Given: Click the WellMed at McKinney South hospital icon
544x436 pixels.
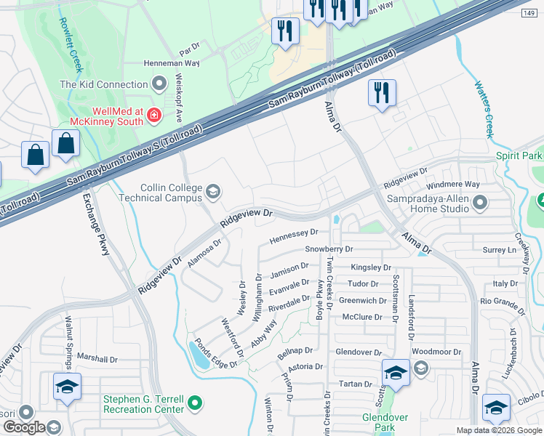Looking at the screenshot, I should coord(153,114).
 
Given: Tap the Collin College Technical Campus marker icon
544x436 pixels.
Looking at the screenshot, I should coord(213,192).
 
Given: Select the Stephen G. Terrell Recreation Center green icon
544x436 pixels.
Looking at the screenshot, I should coord(194,402).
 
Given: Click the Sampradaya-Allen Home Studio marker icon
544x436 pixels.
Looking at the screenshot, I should coord(479,201).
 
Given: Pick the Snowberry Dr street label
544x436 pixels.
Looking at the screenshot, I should coord(329,249).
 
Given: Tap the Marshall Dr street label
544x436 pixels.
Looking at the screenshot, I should coord(97,359).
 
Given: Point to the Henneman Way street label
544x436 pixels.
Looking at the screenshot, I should coord(171,64).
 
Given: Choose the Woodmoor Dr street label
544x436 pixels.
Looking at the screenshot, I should coord(436,352).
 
